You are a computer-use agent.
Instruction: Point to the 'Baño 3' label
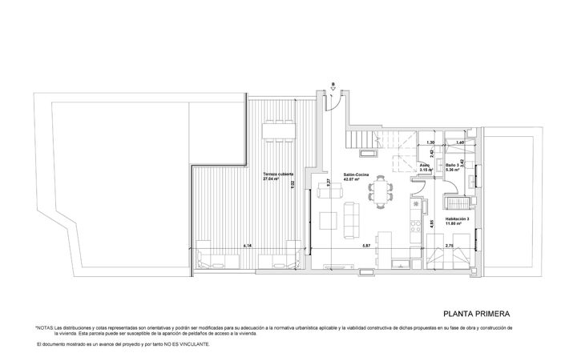pyautogui.click(x=454, y=166)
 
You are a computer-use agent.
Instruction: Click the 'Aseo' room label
pyautogui.click(x=425, y=166)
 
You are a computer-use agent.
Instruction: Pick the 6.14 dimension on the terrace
pyautogui.click(x=248, y=246)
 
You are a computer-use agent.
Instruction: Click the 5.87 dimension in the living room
pyautogui.click(x=365, y=246)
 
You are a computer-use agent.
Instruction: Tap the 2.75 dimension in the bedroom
pyautogui.click(x=450, y=246)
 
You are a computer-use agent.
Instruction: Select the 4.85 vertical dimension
pyautogui.click(x=431, y=224)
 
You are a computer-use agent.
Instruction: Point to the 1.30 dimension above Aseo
pyautogui.click(x=430, y=142)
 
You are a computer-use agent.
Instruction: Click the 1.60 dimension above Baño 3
pyautogui.click(x=459, y=142)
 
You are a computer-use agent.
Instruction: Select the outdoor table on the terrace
pyautogui.click(x=278, y=130)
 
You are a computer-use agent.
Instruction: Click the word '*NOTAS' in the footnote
pyautogui.click(x=43, y=328)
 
